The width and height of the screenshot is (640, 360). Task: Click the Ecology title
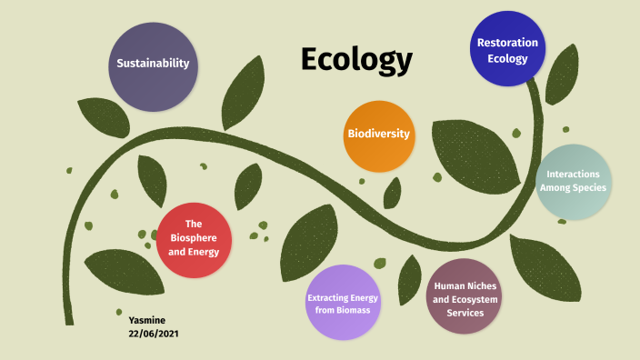356,60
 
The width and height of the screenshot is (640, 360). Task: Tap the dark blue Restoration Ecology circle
508,49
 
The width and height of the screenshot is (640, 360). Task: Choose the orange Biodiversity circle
379,135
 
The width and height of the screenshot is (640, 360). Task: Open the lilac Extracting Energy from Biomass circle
343,303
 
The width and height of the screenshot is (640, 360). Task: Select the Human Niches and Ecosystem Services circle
465,296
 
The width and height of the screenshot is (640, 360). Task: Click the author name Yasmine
148,320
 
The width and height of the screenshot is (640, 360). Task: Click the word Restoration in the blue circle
508,42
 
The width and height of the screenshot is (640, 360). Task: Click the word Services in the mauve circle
465,313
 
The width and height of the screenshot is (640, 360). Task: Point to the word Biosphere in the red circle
193,238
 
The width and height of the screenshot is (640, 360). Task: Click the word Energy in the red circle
211,252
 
